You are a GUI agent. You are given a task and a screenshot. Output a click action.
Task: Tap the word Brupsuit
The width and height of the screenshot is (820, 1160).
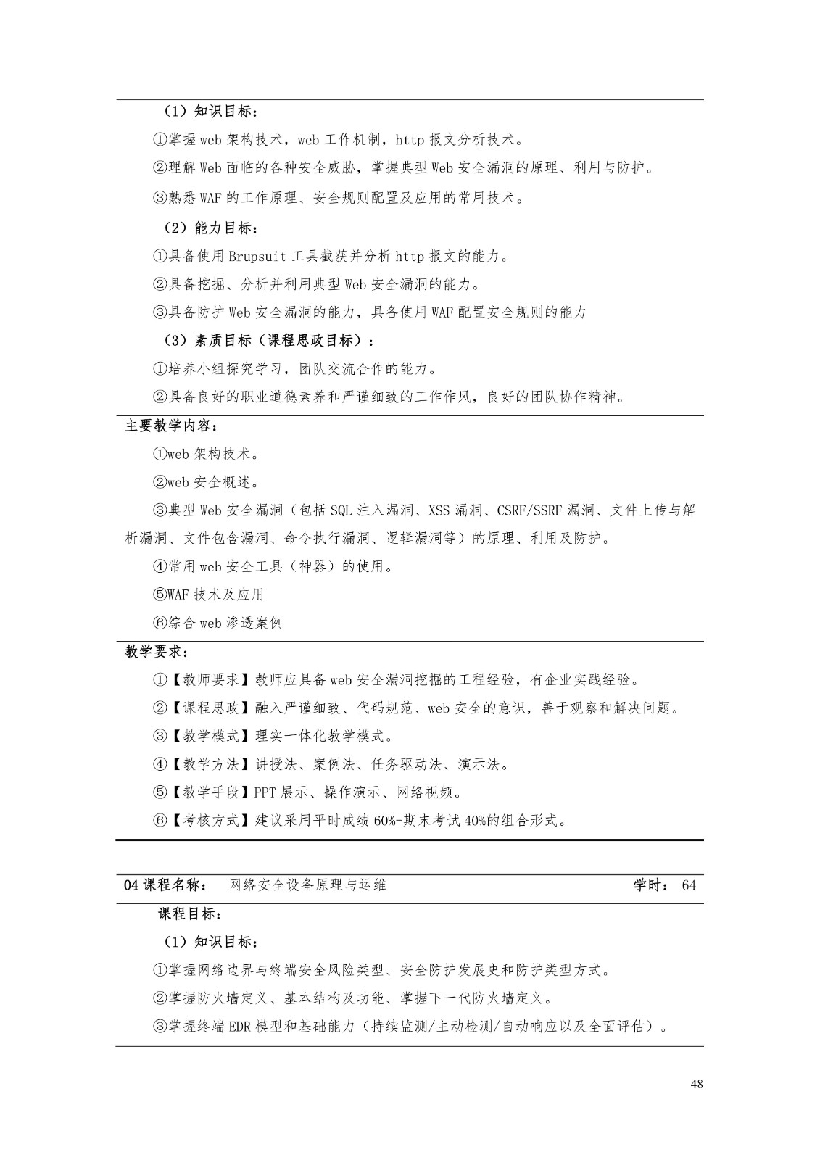point(257,256)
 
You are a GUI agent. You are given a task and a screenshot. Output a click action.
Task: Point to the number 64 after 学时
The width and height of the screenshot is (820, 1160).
point(689,884)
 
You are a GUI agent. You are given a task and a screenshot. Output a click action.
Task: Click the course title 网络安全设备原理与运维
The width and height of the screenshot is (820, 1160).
point(307,884)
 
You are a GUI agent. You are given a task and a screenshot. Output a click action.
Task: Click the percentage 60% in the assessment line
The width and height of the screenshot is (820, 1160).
point(384,821)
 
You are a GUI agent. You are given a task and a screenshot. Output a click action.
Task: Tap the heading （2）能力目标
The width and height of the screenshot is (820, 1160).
point(209,228)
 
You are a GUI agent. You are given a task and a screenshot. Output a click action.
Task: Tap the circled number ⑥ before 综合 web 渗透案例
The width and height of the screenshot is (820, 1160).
point(160,623)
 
